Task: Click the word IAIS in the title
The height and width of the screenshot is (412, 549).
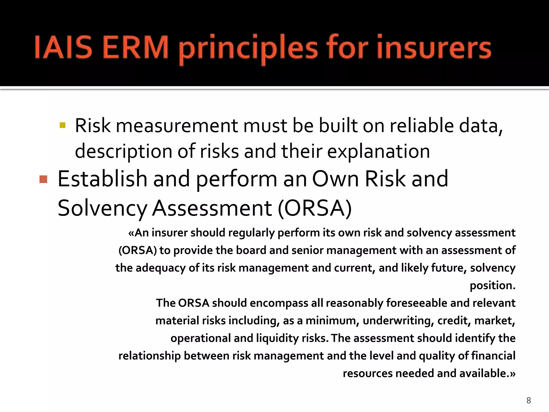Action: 63,48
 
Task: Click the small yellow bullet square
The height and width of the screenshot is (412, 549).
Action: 63,125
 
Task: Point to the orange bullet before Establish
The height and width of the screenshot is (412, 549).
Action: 43,179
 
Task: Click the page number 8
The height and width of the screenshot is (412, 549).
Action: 529,400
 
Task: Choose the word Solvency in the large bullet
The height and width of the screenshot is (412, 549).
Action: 102,209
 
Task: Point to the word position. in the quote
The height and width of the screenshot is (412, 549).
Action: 492,285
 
